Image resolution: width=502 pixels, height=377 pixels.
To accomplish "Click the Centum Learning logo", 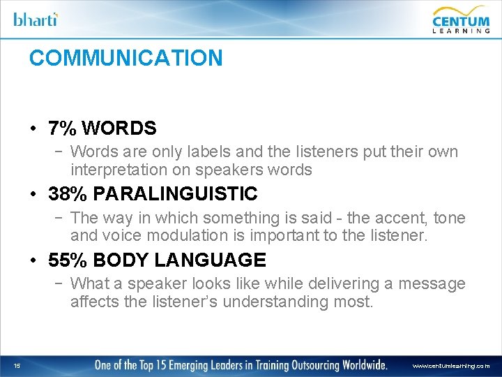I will point(461,19).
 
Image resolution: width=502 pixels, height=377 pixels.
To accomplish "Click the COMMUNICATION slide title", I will point(125,58).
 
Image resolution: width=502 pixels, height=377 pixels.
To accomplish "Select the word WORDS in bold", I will point(119,128).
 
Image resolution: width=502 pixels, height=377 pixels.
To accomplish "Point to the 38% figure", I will point(67,193).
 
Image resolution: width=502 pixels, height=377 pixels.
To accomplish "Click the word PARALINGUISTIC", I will point(175,193).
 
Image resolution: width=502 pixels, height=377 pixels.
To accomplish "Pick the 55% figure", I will point(67,260).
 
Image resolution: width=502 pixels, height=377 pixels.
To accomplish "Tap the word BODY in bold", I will point(121,260).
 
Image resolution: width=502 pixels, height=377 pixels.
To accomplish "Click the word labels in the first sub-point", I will point(197,151).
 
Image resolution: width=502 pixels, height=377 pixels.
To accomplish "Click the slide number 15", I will point(16,365).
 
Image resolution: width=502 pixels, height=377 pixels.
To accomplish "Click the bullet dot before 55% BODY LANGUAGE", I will point(33,261).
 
